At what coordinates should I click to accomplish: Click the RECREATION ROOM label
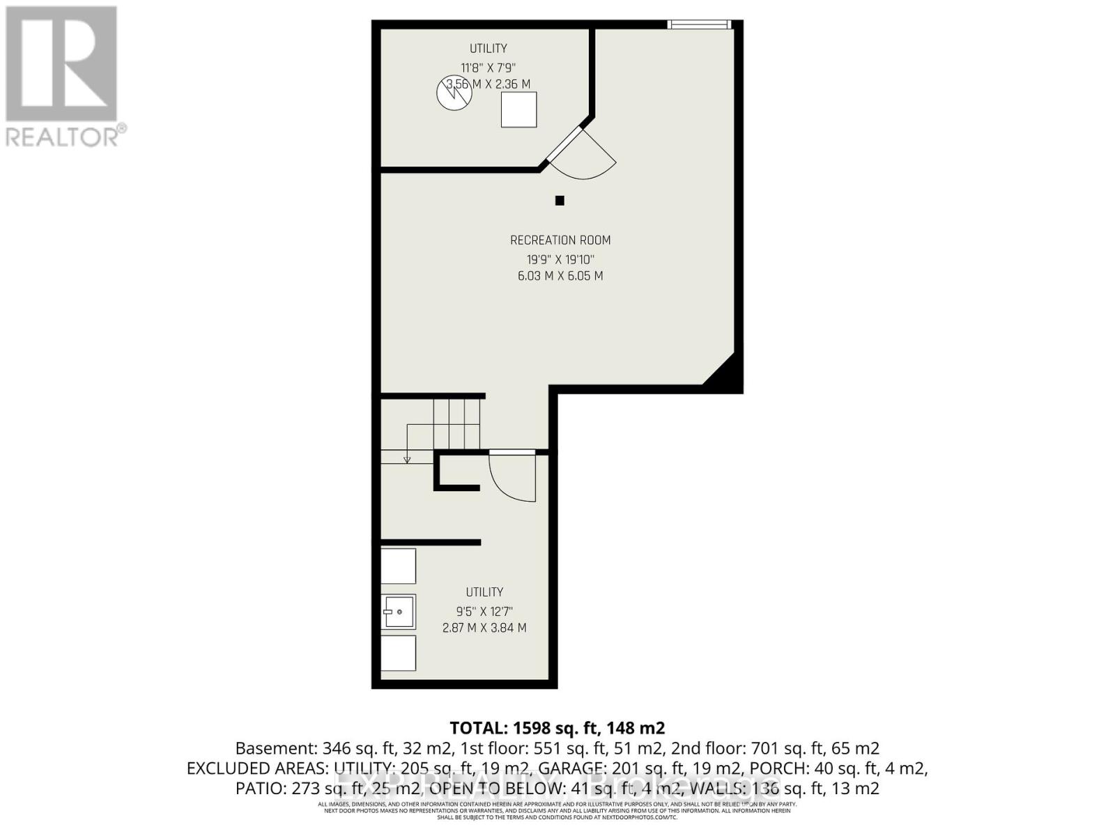pyautogui.click(x=560, y=240)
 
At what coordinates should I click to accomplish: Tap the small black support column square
pyautogui.click(x=559, y=201)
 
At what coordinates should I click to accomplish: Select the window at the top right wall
pyautogui.click(x=698, y=25)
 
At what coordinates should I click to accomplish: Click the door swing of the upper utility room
pyautogui.click(x=583, y=155)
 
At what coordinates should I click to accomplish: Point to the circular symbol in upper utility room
pyautogui.click(x=454, y=93)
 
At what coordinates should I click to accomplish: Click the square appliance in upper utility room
pyautogui.click(x=519, y=110)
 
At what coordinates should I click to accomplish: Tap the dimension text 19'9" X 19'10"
pyautogui.click(x=560, y=259)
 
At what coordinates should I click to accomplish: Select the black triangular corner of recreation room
pyautogui.click(x=725, y=373)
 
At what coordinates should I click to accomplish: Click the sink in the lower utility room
pyautogui.click(x=399, y=612)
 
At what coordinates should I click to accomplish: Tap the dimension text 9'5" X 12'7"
pyautogui.click(x=484, y=611)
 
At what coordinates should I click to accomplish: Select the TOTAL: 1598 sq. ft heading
pyautogui.click(x=557, y=728)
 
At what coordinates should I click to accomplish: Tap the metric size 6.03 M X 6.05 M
pyautogui.click(x=560, y=276)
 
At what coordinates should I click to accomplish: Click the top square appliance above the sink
pyautogui.click(x=399, y=566)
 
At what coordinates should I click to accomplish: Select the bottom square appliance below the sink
pyautogui.click(x=399, y=653)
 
